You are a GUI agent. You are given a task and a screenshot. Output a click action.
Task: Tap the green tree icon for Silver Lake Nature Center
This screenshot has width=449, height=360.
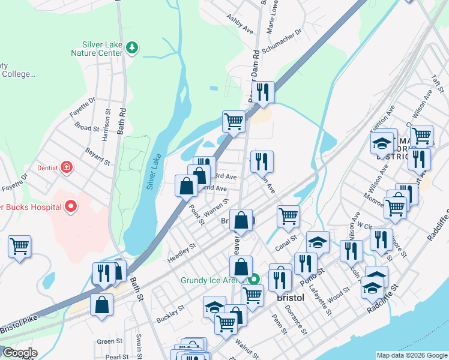(134, 47)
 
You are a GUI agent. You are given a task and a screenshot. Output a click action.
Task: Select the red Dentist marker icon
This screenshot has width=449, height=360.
(67, 166)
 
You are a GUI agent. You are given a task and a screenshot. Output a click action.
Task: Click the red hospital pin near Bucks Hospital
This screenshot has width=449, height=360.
(71, 207)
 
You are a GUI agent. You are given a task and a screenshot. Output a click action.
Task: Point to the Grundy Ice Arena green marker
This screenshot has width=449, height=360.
(255, 280)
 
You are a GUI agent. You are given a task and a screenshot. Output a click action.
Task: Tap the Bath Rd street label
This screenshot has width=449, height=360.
(122, 117)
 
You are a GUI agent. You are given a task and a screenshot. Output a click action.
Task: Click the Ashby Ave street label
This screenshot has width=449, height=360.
(240, 23)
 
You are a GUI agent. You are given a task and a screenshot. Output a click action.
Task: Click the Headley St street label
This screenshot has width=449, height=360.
(184, 251)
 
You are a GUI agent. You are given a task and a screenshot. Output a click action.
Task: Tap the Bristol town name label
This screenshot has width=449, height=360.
(291, 298)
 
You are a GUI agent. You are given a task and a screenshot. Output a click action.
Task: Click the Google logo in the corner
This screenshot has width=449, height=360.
(19, 353)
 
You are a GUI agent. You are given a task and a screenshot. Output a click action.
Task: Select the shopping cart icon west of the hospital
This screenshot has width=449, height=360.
(20, 246)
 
